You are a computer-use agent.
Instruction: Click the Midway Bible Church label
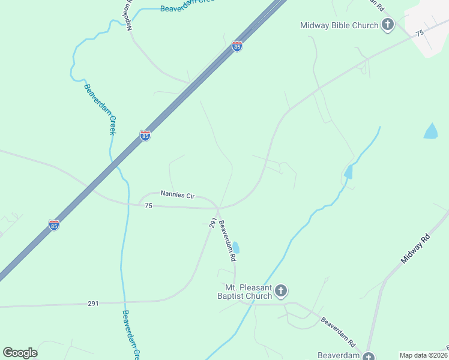click(x=339, y=25)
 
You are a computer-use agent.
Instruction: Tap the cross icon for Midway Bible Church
click(x=388, y=25)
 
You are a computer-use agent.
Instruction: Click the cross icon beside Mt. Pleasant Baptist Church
click(x=281, y=292)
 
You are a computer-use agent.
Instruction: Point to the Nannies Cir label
click(x=178, y=194)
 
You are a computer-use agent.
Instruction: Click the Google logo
click(x=20, y=353)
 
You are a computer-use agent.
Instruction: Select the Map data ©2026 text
click(x=424, y=355)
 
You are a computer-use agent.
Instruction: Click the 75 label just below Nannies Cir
click(x=149, y=206)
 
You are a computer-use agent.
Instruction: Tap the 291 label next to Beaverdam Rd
click(x=212, y=223)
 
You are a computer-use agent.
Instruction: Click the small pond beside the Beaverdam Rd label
click(x=236, y=247)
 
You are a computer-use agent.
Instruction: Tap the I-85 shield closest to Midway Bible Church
click(x=237, y=46)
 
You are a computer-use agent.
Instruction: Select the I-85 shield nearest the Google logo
click(x=54, y=226)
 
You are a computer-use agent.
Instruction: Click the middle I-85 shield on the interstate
click(x=145, y=136)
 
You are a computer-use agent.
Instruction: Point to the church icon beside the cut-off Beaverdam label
click(x=369, y=356)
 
